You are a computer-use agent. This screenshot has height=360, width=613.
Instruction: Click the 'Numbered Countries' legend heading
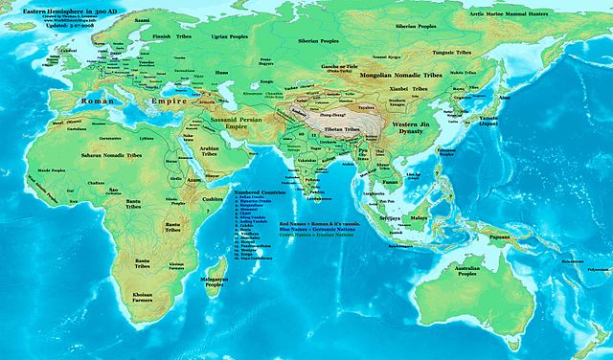click(x=261, y=193)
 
